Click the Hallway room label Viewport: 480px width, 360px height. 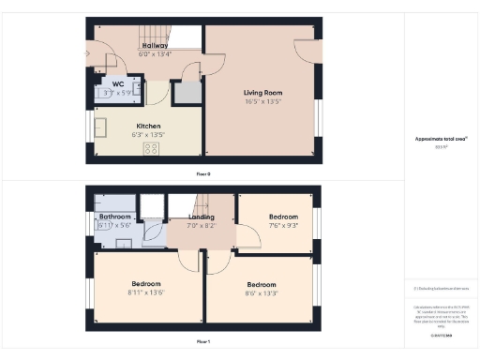(155, 45)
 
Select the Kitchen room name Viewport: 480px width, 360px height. (148, 126)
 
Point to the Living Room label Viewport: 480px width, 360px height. (262, 93)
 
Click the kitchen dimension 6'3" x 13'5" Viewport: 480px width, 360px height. (148, 133)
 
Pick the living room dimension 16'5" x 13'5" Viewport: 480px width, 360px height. (262, 101)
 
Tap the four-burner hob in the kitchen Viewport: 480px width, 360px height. (150, 148)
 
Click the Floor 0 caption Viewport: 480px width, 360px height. (203, 174)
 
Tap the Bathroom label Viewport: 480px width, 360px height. (115, 217)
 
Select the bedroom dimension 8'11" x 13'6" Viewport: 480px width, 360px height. (145, 292)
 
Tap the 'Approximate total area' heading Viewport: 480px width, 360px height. (441, 139)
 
